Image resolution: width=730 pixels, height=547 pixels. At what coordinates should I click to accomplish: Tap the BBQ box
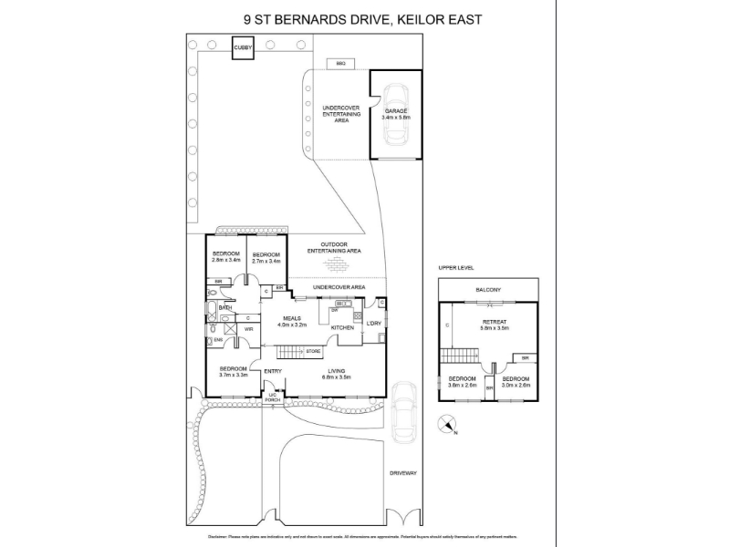pos(340,63)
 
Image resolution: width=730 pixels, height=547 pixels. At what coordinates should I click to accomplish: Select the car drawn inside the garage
pos(397,116)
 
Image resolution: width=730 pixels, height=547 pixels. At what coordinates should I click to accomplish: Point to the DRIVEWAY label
pos(402,473)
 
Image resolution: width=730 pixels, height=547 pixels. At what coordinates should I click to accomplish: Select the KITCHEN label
pos(341,327)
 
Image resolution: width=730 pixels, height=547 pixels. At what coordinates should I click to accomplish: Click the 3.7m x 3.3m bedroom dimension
pos(235,375)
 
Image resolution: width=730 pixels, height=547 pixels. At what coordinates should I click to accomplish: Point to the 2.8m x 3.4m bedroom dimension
pos(225,260)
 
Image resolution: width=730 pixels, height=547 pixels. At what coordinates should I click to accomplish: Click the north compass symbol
pos(447,424)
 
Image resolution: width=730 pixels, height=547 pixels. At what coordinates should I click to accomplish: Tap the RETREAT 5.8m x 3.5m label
pos(495,325)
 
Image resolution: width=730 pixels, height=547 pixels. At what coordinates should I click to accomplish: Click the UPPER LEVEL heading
pos(454,268)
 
